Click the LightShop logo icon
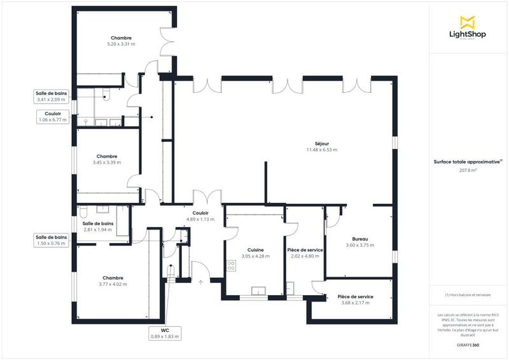click(x=468, y=21)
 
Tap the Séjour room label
click(x=321, y=143)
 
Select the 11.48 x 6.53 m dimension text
click(x=321, y=150)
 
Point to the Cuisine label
click(x=255, y=250)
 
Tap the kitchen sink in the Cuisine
click(x=258, y=292)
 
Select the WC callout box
click(x=165, y=333)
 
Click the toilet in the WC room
click(x=170, y=272)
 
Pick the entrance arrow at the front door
click(x=201, y=282)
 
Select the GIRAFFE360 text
click(x=468, y=344)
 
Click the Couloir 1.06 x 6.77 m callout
click(x=52, y=116)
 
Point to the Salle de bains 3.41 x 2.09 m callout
click(x=52, y=96)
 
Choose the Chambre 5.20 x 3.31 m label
click(x=121, y=41)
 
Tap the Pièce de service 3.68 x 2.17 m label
click(x=355, y=300)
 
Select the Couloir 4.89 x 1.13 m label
click(x=200, y=216)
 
